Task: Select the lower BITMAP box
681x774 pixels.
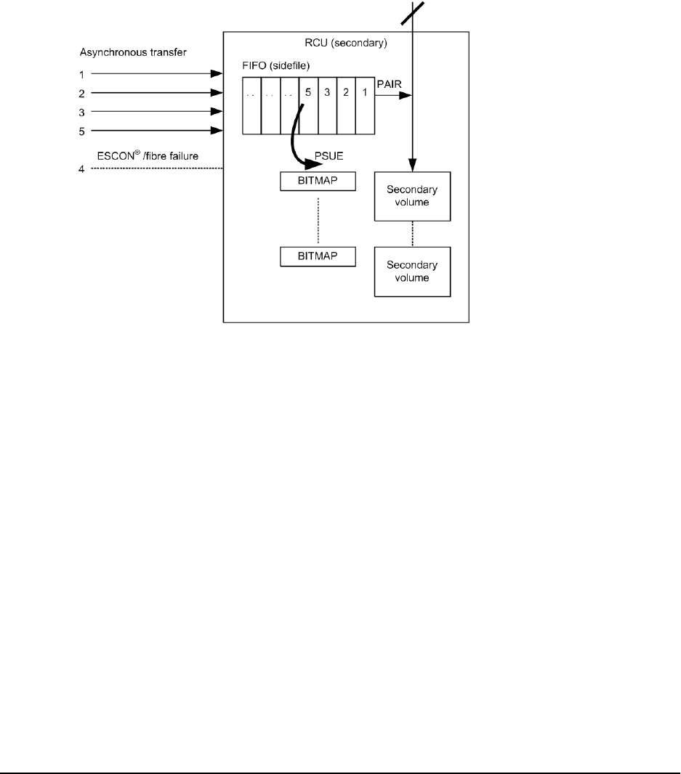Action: [x=318, y=256]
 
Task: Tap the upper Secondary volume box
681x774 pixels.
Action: [x=412, y=196]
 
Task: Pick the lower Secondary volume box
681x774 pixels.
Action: [x=412, y=272]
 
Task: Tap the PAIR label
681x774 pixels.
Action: [x=387, y=85]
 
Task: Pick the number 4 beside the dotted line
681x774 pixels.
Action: [x=83, y=169]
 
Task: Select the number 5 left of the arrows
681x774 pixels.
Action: [x=83, y=131]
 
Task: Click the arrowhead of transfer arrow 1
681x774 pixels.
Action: [x=217, y=73]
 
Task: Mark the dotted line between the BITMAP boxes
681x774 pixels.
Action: [x=318, y=219]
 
